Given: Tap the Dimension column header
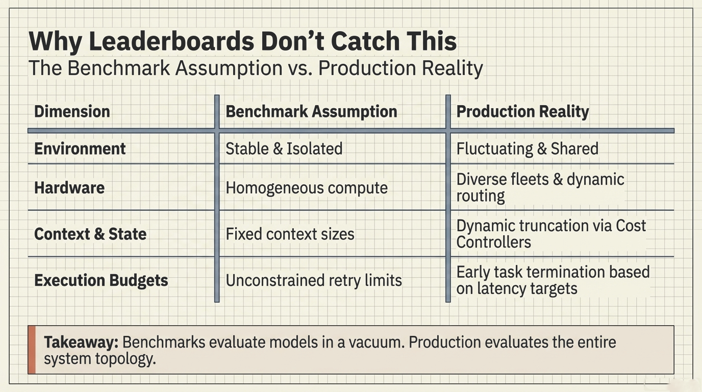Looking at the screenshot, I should [x=72, y=111].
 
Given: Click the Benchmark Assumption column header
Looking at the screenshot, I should [x=311, y=111].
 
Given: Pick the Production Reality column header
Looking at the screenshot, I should [x=522, y=111].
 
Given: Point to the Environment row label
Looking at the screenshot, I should [x=80, y=149].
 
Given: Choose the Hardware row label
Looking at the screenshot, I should [x=69, y=187].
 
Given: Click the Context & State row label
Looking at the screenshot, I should [x=90, y=234].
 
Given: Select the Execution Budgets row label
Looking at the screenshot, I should [x=101, y=280].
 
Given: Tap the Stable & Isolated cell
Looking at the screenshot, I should [x=284, y=149].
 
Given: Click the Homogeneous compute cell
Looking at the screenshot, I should [x=307, y=187].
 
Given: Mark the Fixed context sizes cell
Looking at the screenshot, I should [x=290, y=234].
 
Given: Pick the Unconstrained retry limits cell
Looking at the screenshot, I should [x=314, y=280].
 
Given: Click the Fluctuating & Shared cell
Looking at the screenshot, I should [x=527, y=149].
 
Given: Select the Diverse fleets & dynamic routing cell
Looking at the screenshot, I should [x=540, y=187].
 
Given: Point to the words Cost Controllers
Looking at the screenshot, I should [x=551, y=234].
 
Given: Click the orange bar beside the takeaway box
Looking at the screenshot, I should [x=32, y=350].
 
